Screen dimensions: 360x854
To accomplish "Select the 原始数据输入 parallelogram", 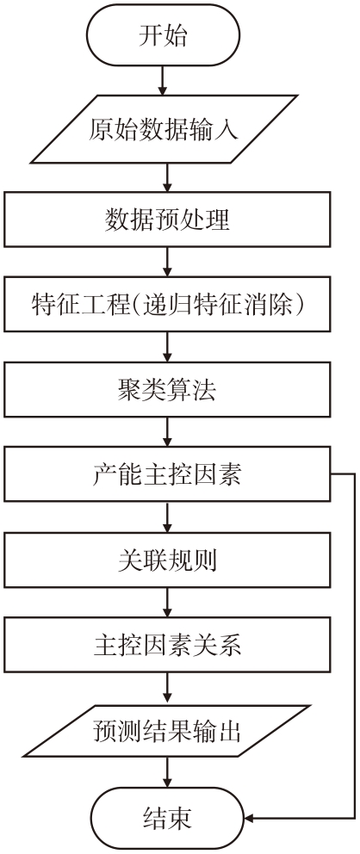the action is tap(164, 129).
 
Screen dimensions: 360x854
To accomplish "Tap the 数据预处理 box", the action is tap(167, 219).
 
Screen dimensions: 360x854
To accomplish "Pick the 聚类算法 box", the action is tap(167, 389).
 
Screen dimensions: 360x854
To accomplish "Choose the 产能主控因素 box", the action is tap(167, 474).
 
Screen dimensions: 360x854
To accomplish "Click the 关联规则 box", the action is tap(167, 560).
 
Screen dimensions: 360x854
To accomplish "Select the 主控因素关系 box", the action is tap(167, 644).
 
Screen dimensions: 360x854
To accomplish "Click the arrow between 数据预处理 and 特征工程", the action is tap(167, 262).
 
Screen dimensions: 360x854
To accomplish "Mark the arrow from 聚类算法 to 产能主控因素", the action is tap(167, 432).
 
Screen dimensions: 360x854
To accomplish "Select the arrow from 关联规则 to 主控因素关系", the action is tap(167, 602).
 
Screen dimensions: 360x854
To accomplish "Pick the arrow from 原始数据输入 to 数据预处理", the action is tap(167, 177).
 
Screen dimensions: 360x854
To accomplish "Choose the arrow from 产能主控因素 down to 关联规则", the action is tap(167, 517).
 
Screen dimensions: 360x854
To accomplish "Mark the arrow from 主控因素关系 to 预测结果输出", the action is tap(167, 689).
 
